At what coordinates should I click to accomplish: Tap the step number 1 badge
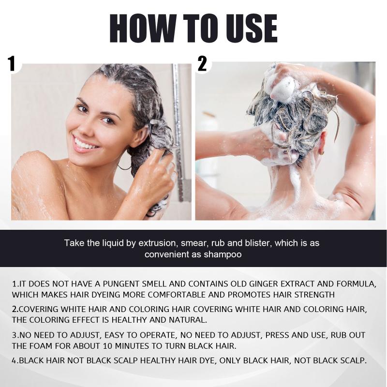pyautogui.click(x=11, y=64)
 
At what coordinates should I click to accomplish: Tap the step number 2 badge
pyautogui.click(x=202, y=64)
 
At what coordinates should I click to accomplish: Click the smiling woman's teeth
pyautogui.click(x=84, y=144)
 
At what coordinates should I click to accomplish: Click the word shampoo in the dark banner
pyautogui.click(x=223, y=254)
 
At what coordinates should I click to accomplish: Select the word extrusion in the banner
pyautogui.click(x=158, y=243)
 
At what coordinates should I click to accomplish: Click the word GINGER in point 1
pyautogui.click(x=263, y=284)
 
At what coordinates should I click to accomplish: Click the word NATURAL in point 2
pyautogui.click(x=188, y=320)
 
